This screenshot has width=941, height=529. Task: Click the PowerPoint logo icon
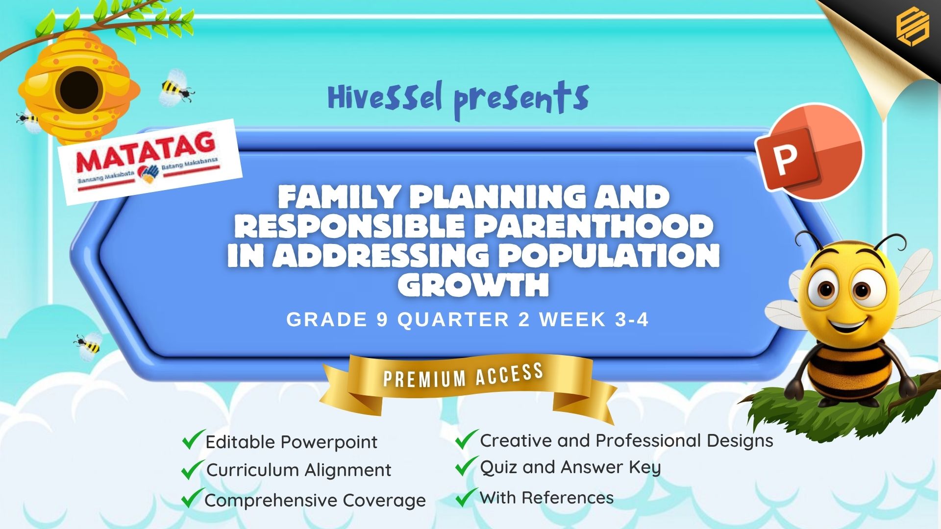809,152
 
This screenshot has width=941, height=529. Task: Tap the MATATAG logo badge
150,162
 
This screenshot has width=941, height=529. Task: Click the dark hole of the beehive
79,90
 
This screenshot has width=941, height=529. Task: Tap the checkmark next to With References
466,497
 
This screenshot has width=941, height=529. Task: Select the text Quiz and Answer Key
570,467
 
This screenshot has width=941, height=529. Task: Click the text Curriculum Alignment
298,470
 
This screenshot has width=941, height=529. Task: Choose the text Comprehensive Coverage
315,500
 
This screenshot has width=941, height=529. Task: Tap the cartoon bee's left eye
826,289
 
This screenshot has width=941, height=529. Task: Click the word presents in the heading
520,100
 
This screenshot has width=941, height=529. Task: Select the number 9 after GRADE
382,320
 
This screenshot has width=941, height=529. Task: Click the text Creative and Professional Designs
626,441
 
